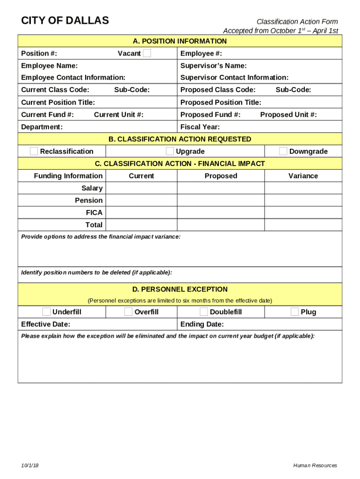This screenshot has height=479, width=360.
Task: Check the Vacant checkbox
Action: click(x=147, y=53)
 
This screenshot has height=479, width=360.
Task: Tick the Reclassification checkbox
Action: click(x=34, y=151)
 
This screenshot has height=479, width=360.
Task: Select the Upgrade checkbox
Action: click(x=170, y=151)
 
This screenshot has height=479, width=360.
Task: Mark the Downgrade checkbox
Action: click(x=283, y=151)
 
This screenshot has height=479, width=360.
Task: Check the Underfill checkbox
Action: click(x=47, y=312)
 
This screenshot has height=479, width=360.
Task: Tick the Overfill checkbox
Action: click(x=129, y=312)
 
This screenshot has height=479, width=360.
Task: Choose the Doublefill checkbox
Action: click(x=204, y=312)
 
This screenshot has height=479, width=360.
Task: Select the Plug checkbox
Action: click(x=295, y=312)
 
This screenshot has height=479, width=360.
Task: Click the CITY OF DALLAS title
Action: click(x=65, y=21)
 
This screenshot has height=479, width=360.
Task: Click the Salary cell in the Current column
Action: click(x=141, y=188)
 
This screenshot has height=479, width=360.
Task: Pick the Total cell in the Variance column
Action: click(x=303, y=225)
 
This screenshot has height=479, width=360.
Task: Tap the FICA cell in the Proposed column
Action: click(x=221, y=213)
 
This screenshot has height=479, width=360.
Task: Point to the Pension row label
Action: click(x=89, y=200)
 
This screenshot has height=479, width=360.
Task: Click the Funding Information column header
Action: click(x=68, y=176)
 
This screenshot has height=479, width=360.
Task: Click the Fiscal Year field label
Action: click(x=200, y=127)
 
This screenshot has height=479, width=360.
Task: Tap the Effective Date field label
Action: click(x=46, y=324)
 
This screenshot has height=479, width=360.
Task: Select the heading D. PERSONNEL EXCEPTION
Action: click(x=180, y=290)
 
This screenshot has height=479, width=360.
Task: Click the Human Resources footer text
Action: click(x=315, y=465)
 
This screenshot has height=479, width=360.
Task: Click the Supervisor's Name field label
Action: click(x=214, y=66)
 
